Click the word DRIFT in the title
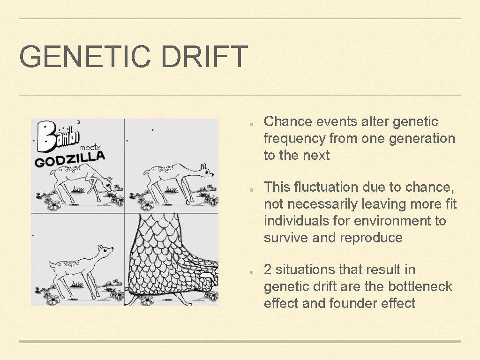(204, 56)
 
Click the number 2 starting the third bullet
(268, 270)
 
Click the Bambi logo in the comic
(59, 136)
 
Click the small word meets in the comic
(90, 148)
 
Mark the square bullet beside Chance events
(252, 125)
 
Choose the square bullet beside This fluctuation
(252, 190)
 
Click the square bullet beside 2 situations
(252, 273)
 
